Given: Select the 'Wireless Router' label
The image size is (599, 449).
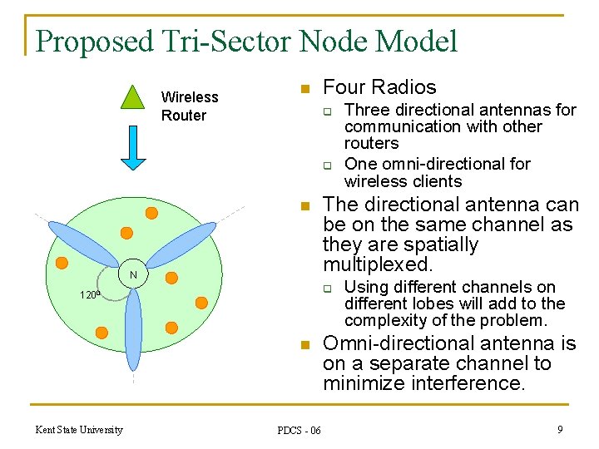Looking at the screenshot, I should [x=189, y=106].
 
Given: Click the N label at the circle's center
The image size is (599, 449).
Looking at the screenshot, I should [x=132, y=275].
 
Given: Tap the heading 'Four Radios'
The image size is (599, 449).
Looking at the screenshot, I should [x=379, y=87].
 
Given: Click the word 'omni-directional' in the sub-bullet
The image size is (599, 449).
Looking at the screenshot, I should [x=437, y=164].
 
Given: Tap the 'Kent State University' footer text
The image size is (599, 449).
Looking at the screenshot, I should [x=79, y=430].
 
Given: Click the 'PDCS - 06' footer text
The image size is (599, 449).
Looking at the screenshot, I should [x=299, y=430].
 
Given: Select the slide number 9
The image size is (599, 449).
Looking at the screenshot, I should [x=560, y=430].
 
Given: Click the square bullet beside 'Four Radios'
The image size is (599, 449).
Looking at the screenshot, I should [x=304, y=89].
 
